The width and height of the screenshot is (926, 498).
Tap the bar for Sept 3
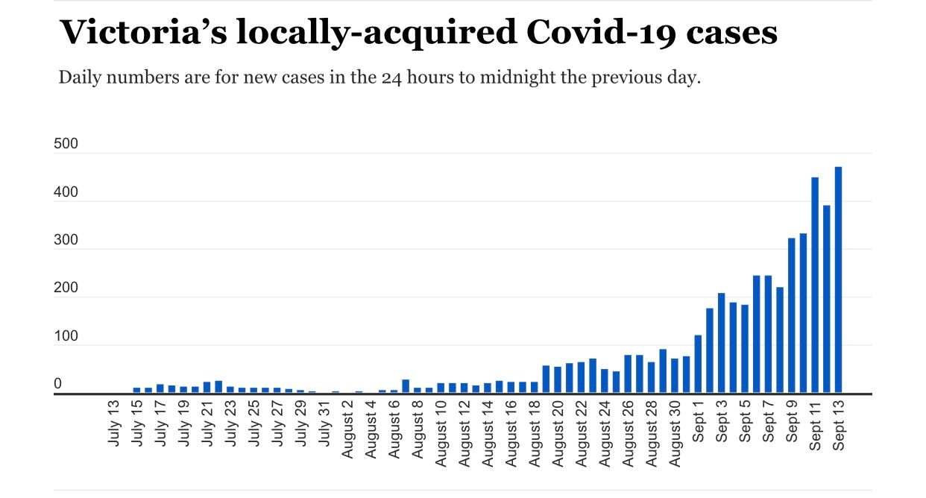tap(721, 343)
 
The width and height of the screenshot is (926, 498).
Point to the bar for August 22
tap(581, 377)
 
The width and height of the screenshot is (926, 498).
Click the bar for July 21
tap(207, 387)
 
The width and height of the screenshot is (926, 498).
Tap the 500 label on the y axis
tap(66, 144)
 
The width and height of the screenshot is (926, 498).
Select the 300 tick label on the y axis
tap(66, 240)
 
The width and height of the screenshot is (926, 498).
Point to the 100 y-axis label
tap(66, 336)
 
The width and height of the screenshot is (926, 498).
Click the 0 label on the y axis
tap(57, 384)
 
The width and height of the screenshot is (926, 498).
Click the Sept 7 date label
tap(769, 423)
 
